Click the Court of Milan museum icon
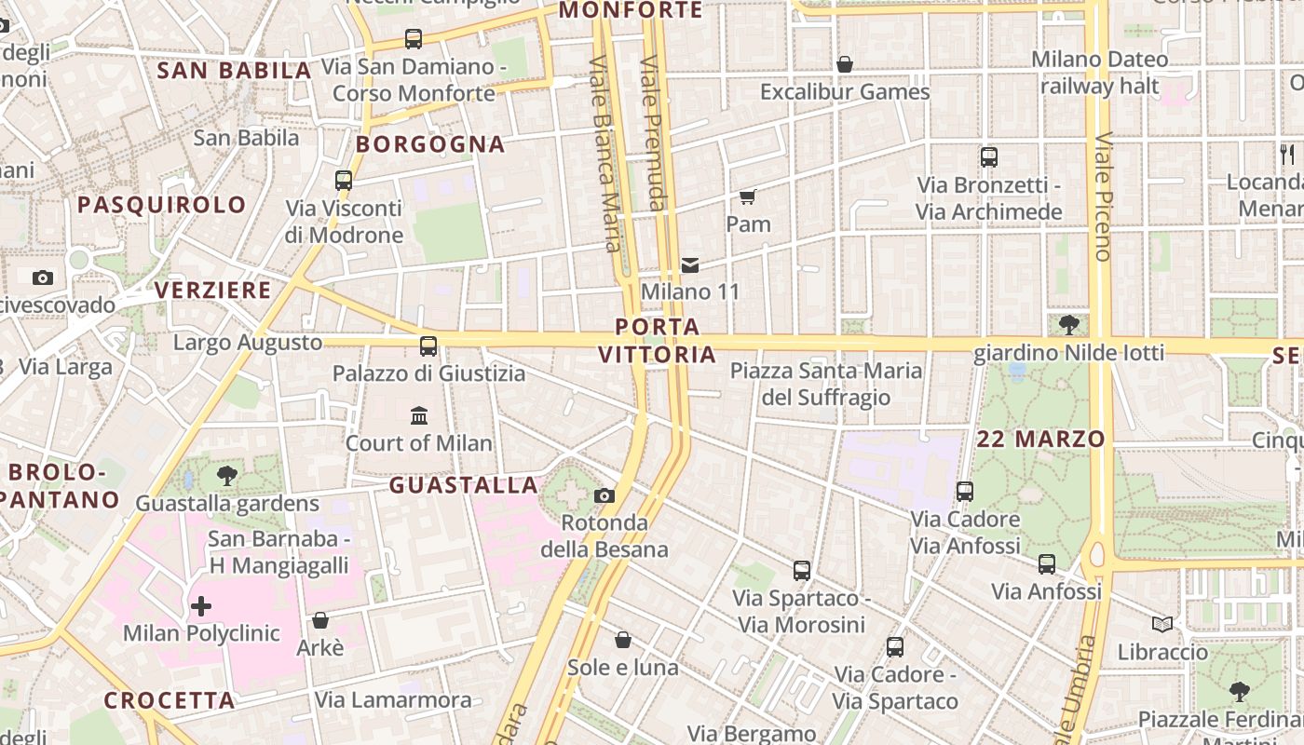(x=419, y=415)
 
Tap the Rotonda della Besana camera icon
(x=604, y=495)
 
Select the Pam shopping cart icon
(x=748, y=196)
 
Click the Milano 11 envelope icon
(x=690, y=265)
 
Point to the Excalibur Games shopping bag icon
(x=845, y=64)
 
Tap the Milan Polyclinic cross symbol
(x=201, y=607)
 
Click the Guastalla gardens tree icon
(x=226, y=477)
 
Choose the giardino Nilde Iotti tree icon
(x=1068, y=325)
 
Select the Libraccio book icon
(x=1161, y=624)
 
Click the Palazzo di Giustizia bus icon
(x=428, y=346)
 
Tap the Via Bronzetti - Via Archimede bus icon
(x=989, y=157)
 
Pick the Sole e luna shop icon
(x=623, y=641)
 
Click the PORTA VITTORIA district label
(x=658, y=341)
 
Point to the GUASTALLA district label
(x=464, y=485)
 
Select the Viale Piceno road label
(x=1104, y=196)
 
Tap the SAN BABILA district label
(x=234, y=71)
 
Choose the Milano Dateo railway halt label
(x=1099, y=73)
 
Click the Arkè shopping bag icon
(x=320, y=620)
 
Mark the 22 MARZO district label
(x=1041, y=440)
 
